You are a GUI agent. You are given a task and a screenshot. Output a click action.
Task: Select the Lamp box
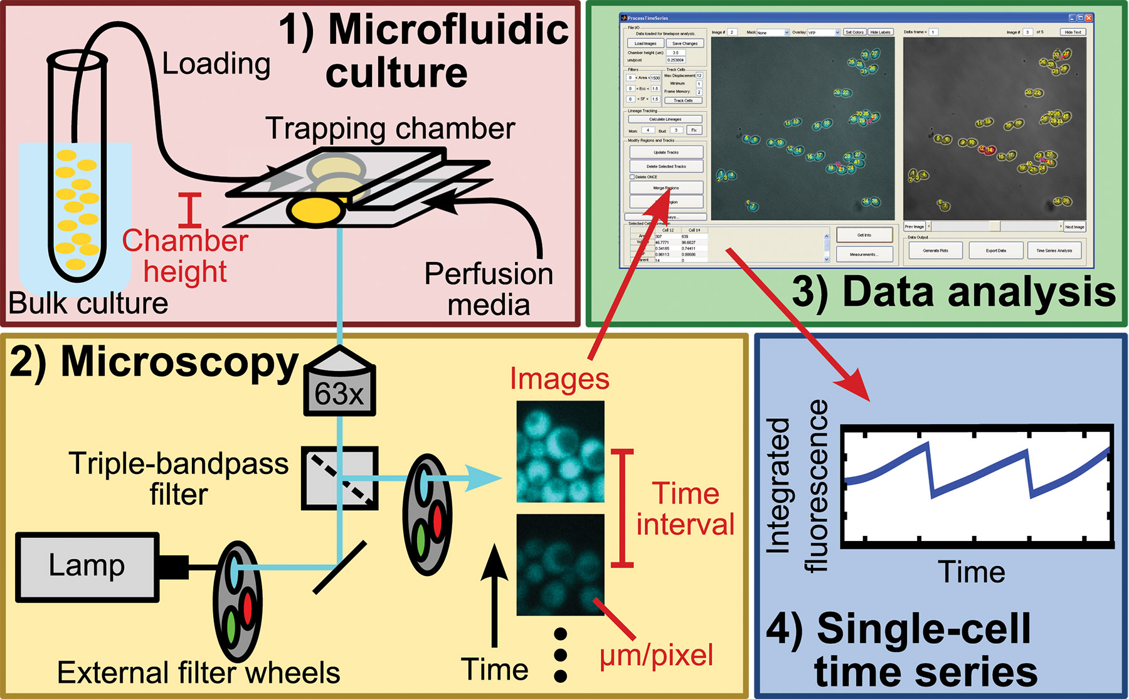[x=87, y=567]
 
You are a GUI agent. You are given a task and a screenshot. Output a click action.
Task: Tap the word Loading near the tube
[x=216, y=63]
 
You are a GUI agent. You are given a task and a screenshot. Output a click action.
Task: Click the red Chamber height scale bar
[x=190, y=210]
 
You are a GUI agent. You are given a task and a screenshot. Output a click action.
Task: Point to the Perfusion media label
[x=489, y=289]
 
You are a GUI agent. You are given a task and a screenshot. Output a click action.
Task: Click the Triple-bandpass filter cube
[x=339, y=478]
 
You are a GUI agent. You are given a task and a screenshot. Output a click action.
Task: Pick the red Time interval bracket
[x=622, y=508]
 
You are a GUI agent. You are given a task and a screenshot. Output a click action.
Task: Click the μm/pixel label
[x=656, y=656]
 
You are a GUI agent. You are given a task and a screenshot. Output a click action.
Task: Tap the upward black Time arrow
[x=496, y=596]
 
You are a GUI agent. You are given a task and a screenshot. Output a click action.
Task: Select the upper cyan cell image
[x=560, y=451]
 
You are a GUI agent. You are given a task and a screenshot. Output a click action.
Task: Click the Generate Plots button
[x=935, y=251]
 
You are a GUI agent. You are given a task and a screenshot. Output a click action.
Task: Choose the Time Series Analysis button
[x=1054, y=251]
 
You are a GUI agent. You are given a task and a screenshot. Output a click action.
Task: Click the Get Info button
[x=864, y=235]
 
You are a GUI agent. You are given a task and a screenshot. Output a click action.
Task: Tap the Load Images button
[x=645, y=43]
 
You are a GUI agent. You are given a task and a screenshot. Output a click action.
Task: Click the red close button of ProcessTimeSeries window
[x=1089, y=18]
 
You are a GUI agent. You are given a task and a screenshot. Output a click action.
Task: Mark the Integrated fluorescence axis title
[x=797, y=486]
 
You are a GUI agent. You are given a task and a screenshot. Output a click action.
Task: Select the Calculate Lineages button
[x=665, y=119]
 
